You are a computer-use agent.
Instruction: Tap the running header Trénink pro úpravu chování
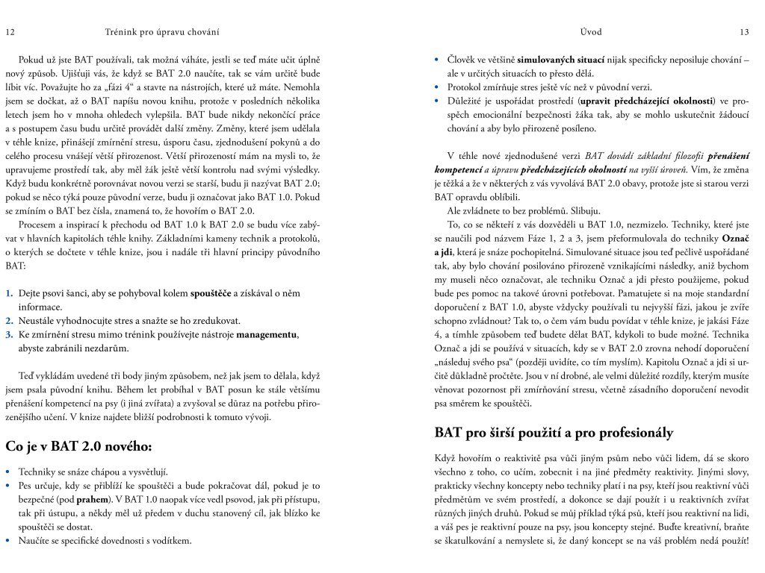pos(161,32)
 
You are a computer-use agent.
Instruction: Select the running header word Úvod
pos(591,32)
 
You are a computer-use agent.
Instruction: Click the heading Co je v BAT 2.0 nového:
pos(78,447)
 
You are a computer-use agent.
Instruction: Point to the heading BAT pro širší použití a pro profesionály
pos(554,432)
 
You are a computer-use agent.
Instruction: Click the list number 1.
pos(10,293)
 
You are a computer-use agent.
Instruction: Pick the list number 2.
pos(10,321)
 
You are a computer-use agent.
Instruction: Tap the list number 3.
pos(10,334)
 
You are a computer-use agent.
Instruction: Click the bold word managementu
pos(267,334)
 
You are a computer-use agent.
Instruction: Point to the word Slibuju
pos(570,210)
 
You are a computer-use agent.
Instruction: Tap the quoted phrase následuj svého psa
pos(475,362)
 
